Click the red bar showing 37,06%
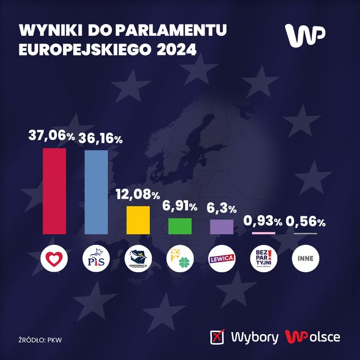[x=54, y=191]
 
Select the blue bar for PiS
[x=96, y=192]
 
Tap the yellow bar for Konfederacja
[x=138, y=220]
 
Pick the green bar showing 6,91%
[x=180, y=226]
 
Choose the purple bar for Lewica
[x=221, y=226]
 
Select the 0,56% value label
[x=305, y=222]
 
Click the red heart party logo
[x=55, y=257]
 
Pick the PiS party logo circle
[x=96, y=257]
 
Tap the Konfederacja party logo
[x=138, y=257]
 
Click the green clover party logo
[x=180, y=257]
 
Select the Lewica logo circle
[x=221, y=258]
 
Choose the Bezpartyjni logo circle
[x=263, y=257]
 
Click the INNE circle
[x=305, y=257]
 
